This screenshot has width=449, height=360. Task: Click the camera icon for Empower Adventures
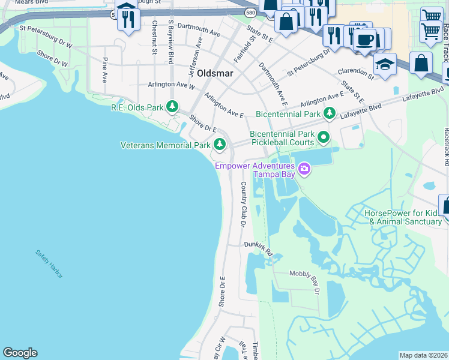304,169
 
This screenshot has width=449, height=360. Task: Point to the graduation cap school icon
385,64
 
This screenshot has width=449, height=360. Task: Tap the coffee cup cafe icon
364,40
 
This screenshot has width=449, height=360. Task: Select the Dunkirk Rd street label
259,248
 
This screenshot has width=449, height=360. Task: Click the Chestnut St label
155,38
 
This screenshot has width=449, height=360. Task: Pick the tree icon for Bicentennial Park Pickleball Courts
324,138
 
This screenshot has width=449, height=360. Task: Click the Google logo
20,353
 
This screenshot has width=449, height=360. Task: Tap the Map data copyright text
423,355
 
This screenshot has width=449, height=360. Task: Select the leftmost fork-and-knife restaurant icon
127,18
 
